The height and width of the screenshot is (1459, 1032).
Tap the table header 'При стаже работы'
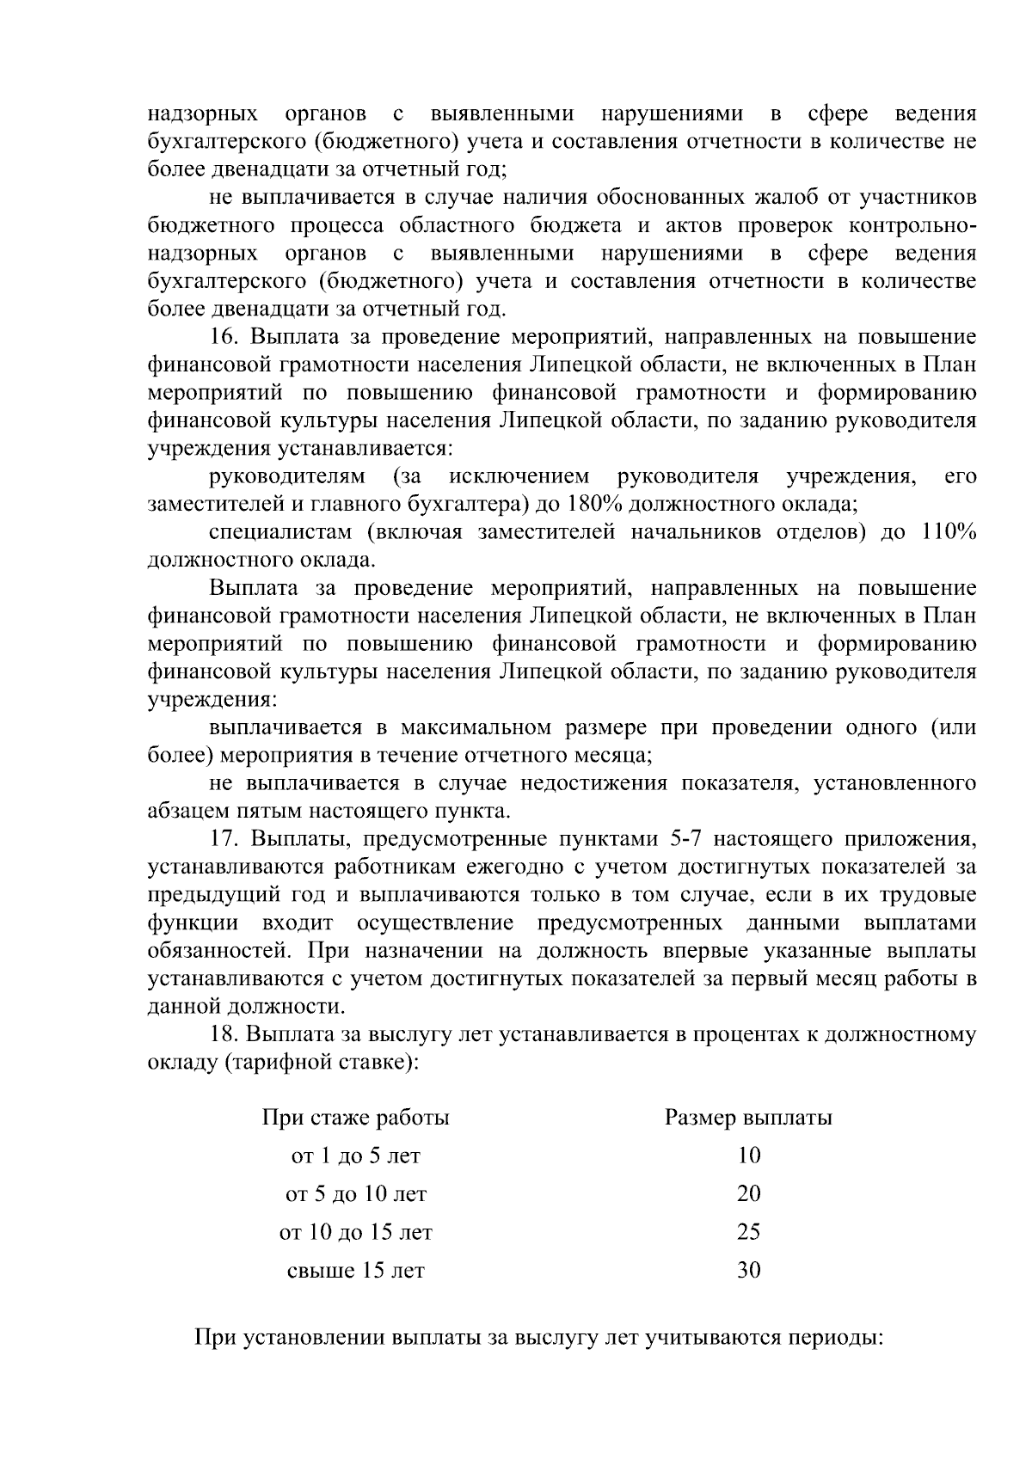coord(355,1119)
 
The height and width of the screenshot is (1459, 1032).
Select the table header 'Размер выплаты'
coord(748,1119)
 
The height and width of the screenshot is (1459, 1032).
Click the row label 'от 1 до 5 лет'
coord(355,1156)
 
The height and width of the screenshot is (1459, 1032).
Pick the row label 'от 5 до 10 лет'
coord(355,1194)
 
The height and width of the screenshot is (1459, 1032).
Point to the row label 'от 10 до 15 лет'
coord(355,1233)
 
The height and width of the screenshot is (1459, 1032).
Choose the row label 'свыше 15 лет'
coord(355,1271)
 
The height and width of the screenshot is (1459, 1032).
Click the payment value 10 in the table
coord(748,1156)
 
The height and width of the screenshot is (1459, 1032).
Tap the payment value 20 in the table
coord(748,1194)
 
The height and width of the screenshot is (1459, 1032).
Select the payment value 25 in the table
coord(748,1233)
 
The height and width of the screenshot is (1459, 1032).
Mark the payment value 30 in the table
coord(748,1271)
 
